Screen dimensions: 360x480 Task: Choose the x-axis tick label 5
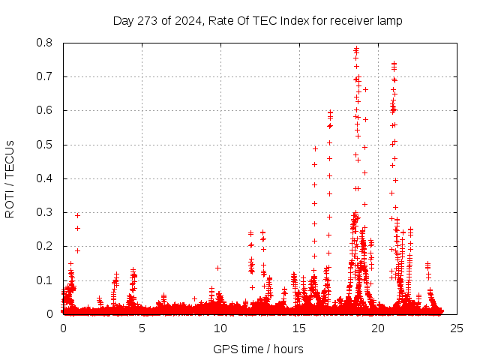point(142,328)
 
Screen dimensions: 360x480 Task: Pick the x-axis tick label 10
point(220,328)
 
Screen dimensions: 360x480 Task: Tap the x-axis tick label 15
point(299,328)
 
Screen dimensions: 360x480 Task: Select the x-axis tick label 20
point(378,328)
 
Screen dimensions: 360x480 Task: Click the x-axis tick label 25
point(457,328)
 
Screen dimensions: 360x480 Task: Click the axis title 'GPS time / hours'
point(258,349)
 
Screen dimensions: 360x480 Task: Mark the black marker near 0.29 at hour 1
point(77,215)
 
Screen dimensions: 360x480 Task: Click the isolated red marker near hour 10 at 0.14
point(218,268)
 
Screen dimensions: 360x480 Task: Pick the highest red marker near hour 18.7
point(356,49)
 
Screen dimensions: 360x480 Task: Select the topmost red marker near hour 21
point(394,64)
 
